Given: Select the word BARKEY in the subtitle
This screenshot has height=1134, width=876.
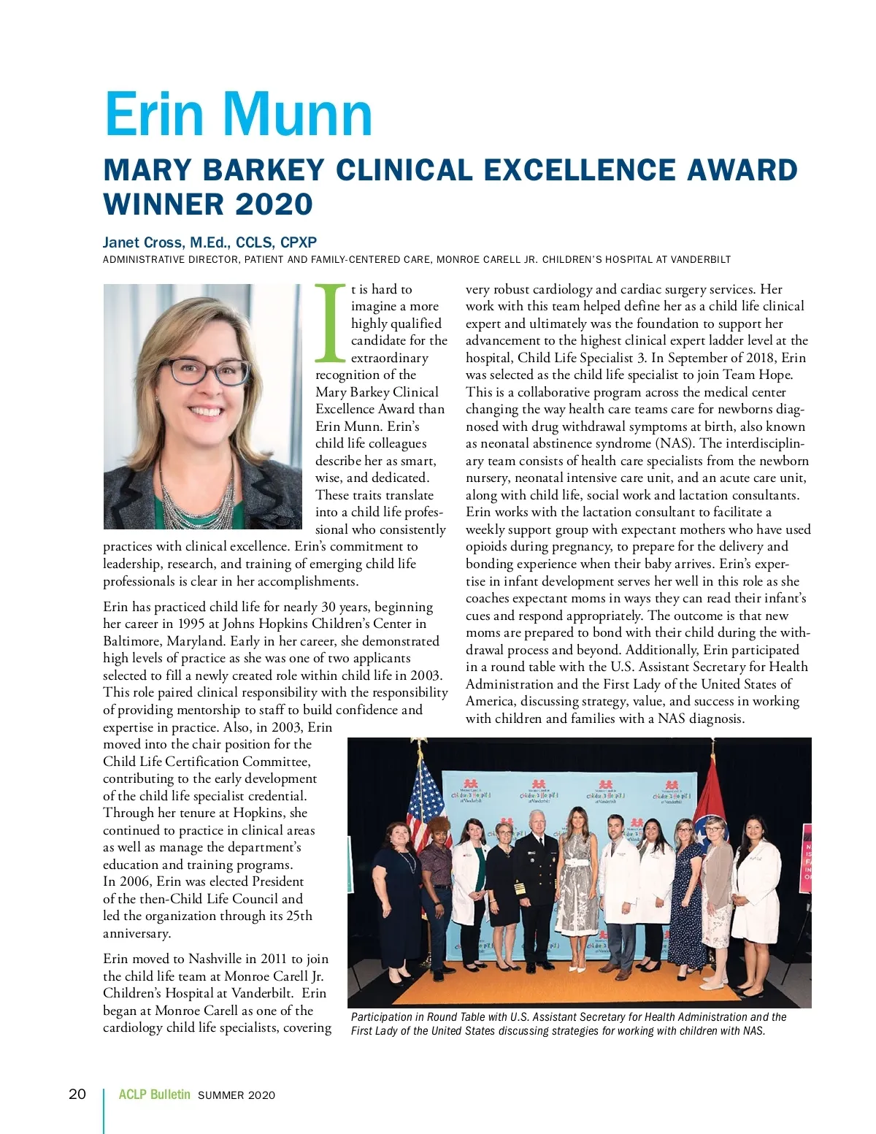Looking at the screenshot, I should click(262, 170).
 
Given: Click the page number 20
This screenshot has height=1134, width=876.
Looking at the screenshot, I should click(77, 1094).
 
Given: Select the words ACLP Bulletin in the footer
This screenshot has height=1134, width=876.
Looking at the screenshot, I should click(154, 1095).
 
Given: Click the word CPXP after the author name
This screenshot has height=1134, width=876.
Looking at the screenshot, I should click(299, 242).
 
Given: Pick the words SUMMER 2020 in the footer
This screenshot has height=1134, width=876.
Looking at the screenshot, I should click(237, 1095).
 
